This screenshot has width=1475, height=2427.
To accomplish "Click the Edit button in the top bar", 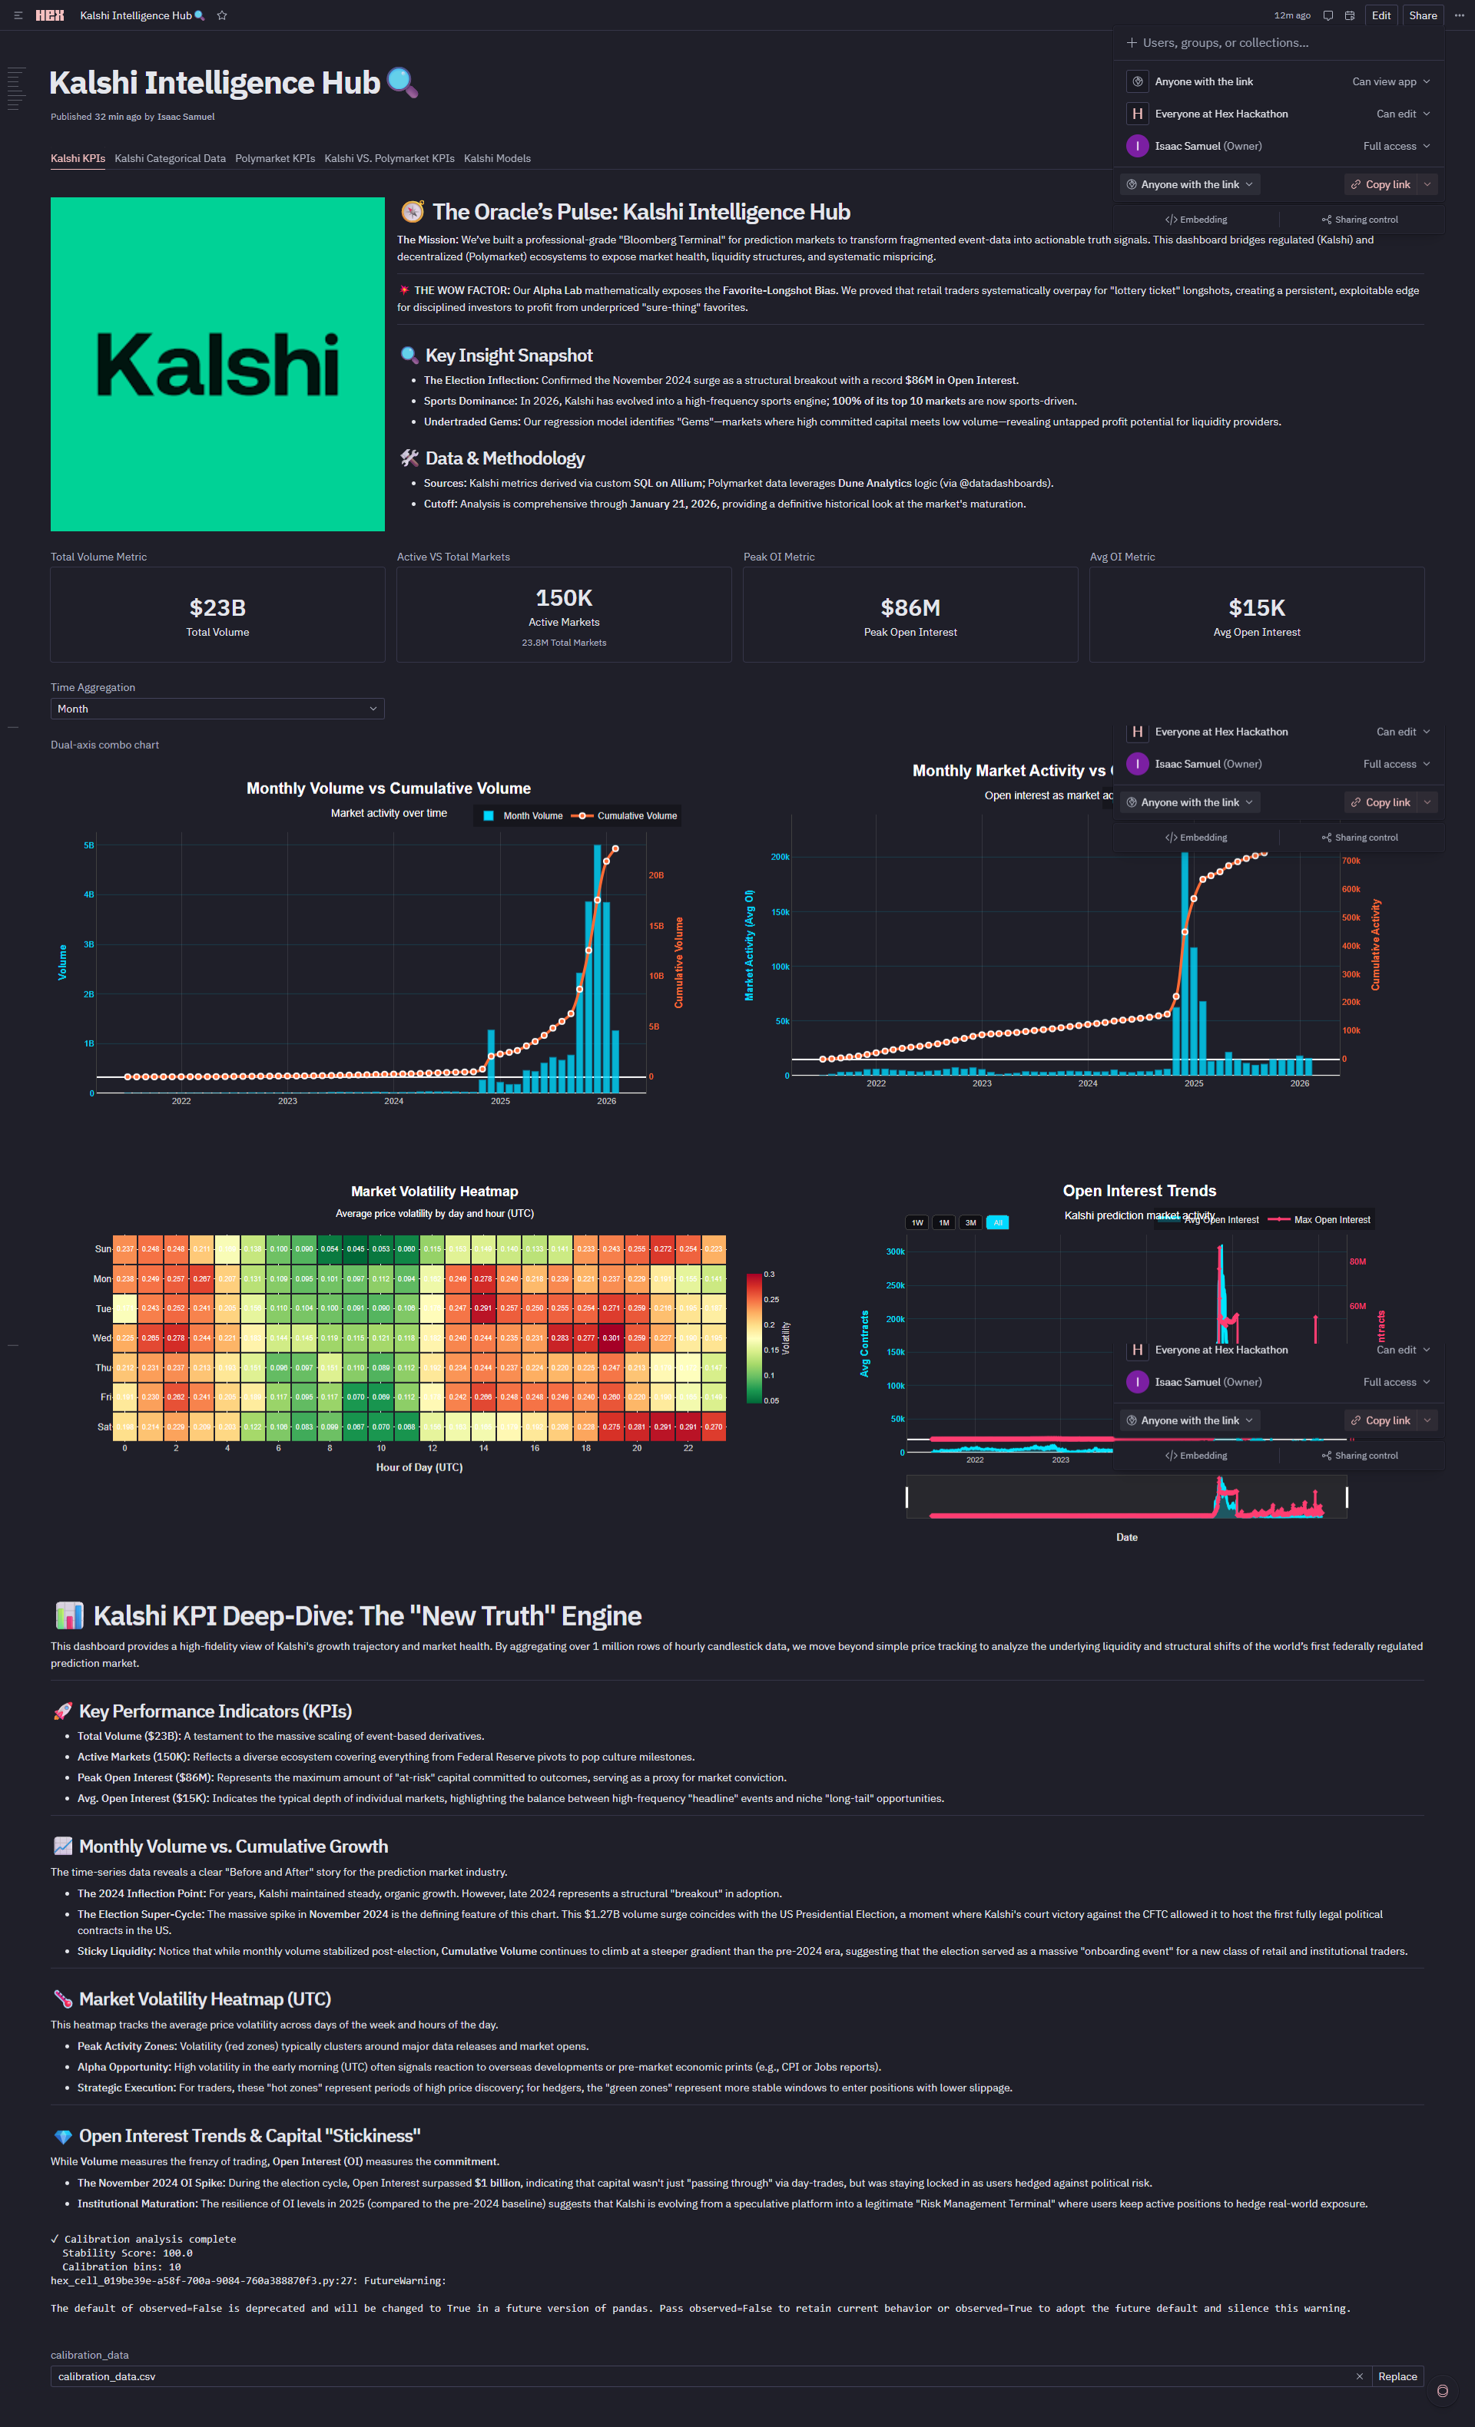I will point(1381,16).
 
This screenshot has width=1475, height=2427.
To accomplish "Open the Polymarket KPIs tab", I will point(275,159).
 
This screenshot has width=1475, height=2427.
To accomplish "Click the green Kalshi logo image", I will point(217,365).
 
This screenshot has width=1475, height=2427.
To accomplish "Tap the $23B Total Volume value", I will point(217,608).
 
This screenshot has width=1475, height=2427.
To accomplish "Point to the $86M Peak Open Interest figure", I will point(910,608).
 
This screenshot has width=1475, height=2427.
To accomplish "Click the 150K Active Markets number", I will point(564,598).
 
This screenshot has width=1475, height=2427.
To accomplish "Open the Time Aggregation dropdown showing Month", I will point(217,709).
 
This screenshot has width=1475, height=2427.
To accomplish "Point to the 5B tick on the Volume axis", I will point(88,845).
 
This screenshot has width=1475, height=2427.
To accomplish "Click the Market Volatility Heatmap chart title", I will point(435,1192).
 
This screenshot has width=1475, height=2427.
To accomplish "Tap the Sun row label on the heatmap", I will point(102,1249).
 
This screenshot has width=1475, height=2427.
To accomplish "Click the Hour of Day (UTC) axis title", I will point(419,1467).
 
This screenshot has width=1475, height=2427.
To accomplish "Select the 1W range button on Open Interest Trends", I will point(917,1222).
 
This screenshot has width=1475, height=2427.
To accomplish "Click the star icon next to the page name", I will point(222,16).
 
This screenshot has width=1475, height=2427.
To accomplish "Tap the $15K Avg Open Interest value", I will point(1256,608).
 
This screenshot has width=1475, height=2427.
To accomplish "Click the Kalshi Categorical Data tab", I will point(170,159).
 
